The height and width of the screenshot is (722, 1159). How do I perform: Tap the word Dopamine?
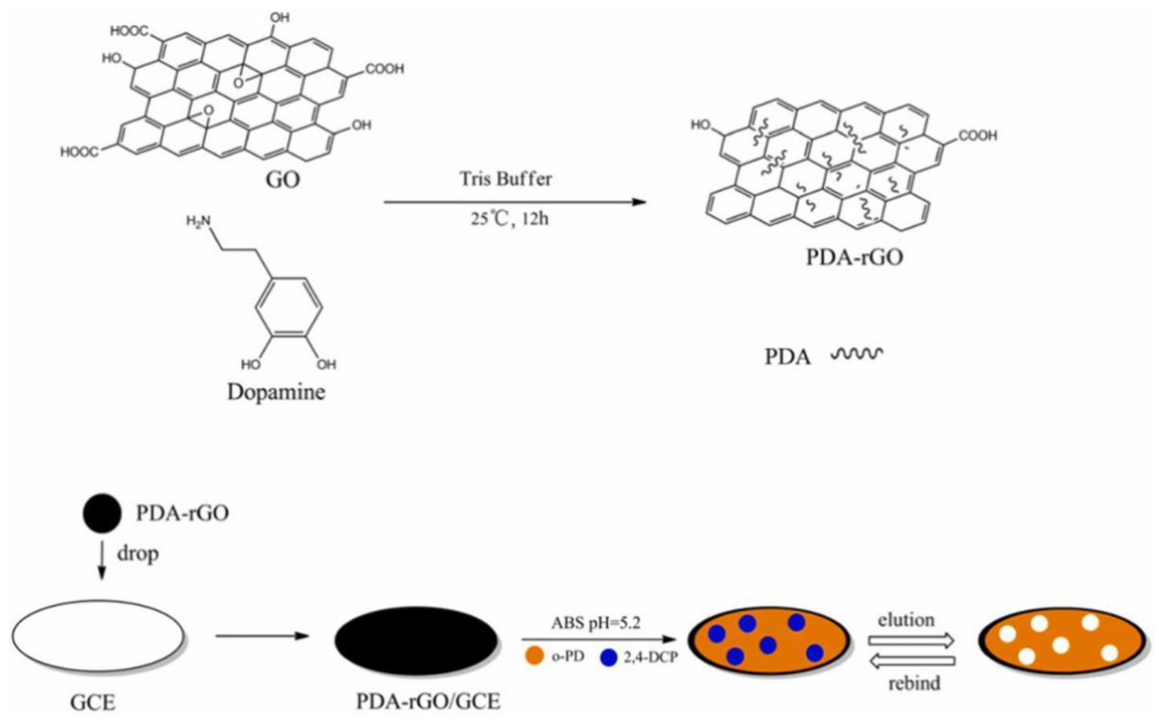click(x=276, y=392)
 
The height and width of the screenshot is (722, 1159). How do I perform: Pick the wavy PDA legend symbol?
click(x=857, y=354)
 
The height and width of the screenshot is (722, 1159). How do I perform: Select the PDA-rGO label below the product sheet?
click(x=854, y=257)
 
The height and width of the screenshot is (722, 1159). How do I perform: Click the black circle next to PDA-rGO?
click(x=102, y=513)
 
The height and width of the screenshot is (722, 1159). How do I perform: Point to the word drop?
click(x=138, y=554)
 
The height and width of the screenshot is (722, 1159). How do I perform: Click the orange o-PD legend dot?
click(x=534, y=657)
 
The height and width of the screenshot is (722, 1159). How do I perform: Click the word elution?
click(x=905, y=620)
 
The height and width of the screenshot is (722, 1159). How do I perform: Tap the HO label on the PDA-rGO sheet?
click(x=701, y=125)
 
